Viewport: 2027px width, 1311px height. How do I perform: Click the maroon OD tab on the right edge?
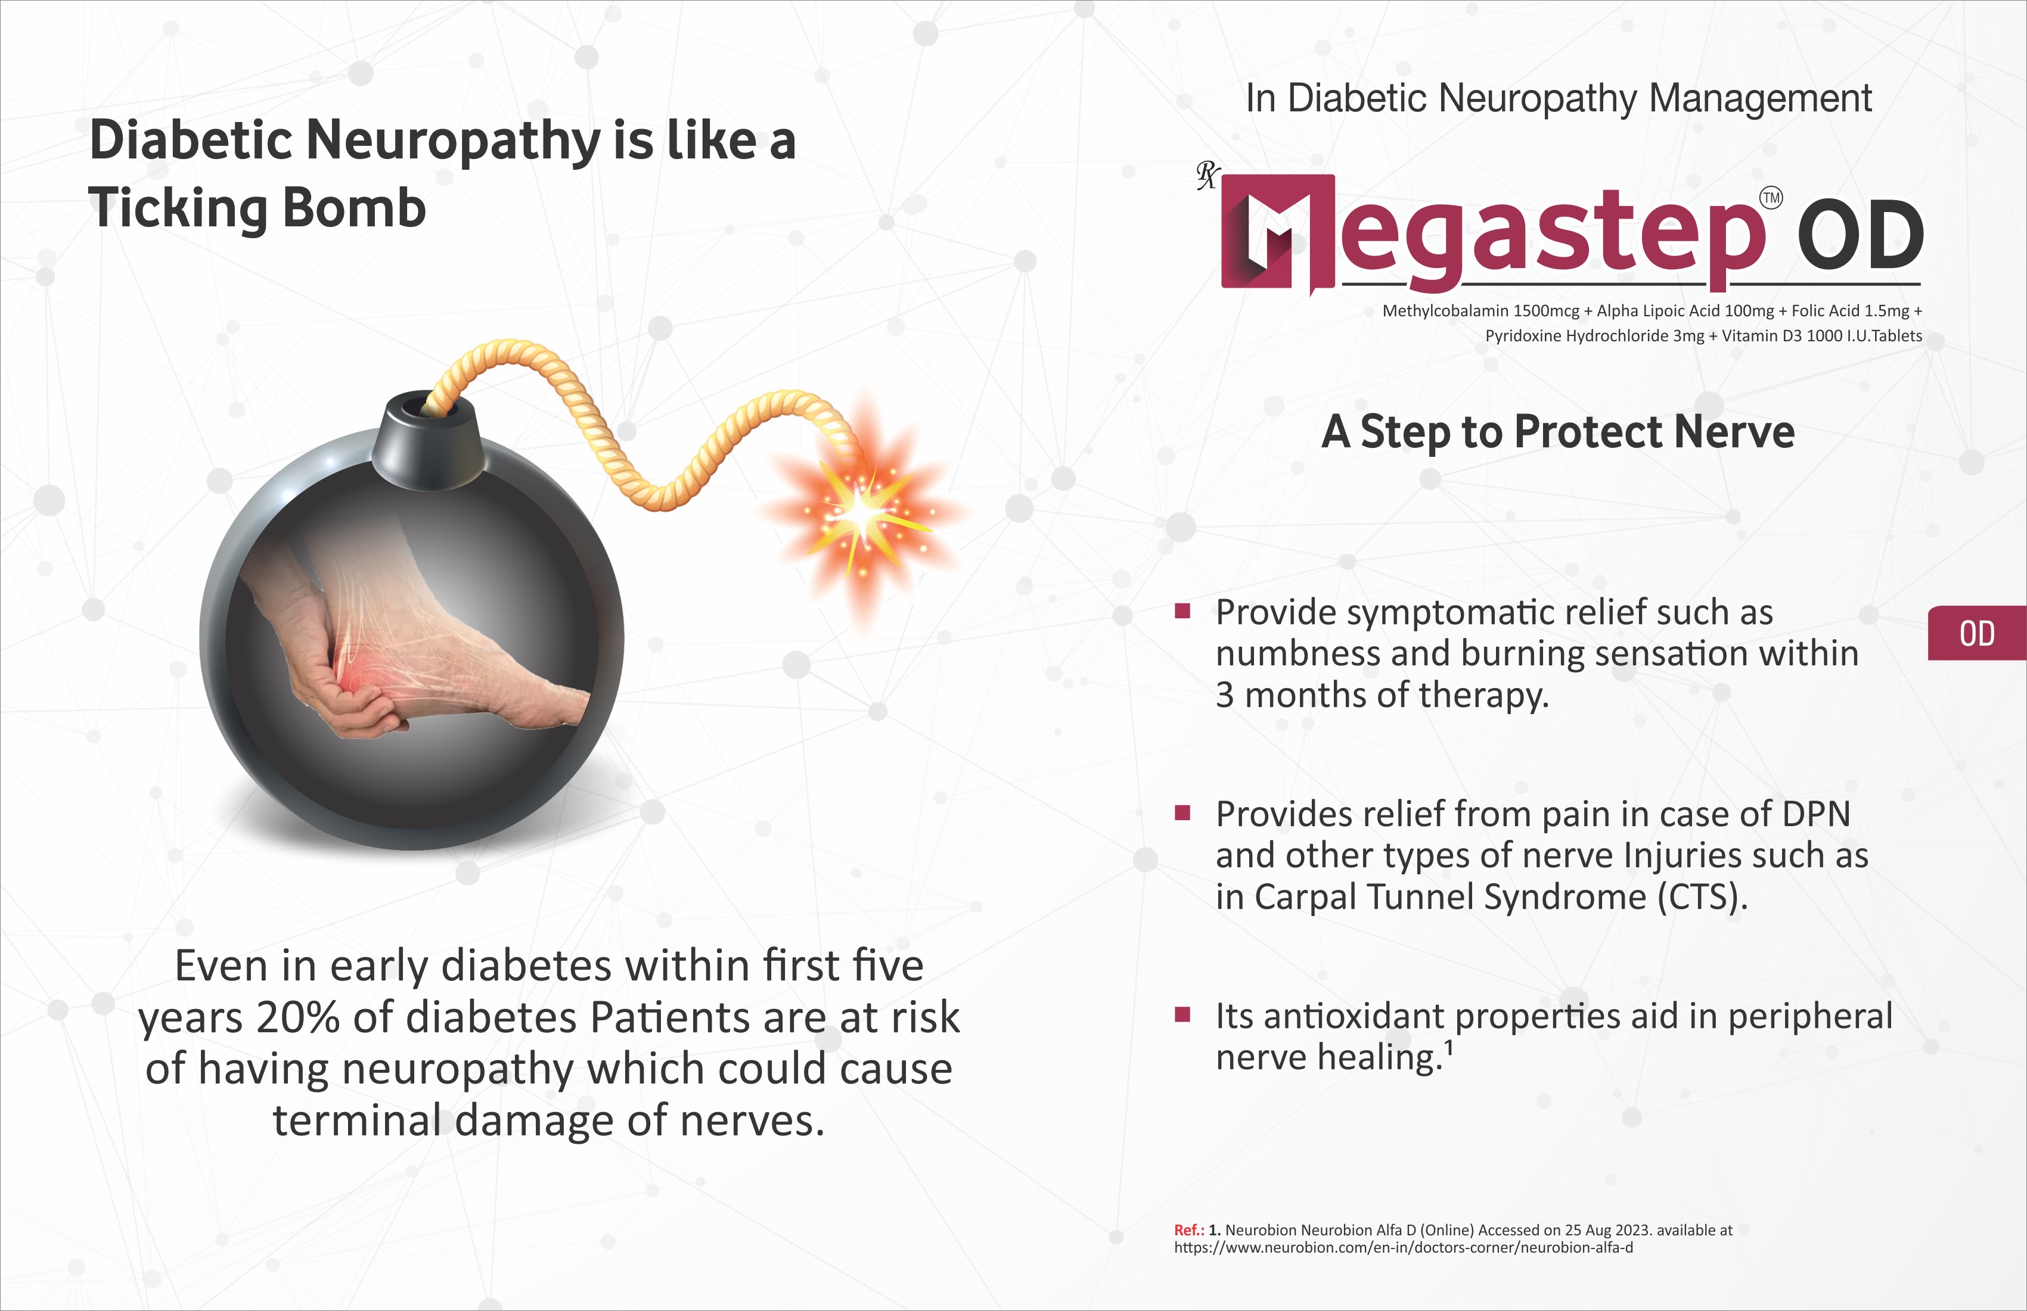point(1977,633)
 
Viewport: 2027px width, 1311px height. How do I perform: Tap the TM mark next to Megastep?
point(1771,198)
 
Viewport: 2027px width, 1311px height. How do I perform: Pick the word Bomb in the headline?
point(353,208)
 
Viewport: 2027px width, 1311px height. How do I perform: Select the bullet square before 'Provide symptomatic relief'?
point(1182,611)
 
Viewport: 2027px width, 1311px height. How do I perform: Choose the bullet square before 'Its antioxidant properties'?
point(1182,1014)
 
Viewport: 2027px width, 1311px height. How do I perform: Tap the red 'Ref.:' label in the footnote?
point(1189,1230)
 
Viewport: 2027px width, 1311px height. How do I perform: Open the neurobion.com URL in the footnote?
point(1404,1248)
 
